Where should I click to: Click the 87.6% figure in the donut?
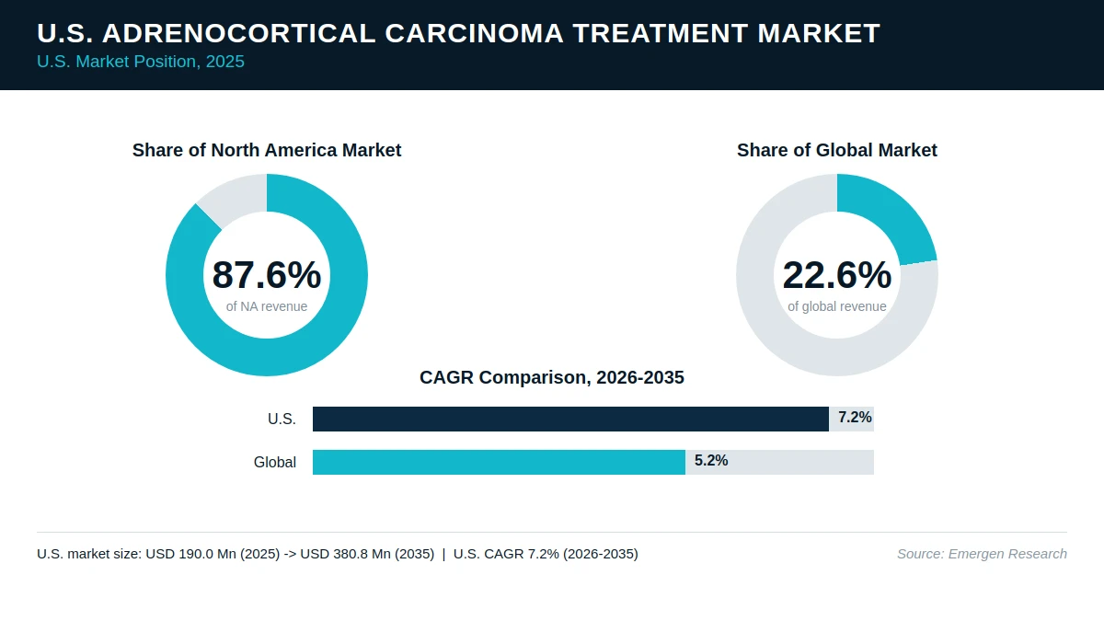pos(267,275)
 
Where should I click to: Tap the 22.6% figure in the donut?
pos(837,275)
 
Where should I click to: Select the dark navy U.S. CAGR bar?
pos(570,419)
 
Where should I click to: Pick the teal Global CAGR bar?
pos(499,462)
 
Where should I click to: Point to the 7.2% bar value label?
pos(855,418)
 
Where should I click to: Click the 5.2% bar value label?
pos(711,460)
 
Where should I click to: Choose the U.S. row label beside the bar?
pos(282,419)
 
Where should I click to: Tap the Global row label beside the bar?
pos(275,462)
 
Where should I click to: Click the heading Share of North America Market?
pos(267,150)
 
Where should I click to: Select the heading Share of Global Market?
pos(837,150)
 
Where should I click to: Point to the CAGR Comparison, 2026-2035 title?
pos(552,377)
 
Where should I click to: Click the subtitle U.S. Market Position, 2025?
pos(141,62)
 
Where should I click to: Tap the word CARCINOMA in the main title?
pos(474,33)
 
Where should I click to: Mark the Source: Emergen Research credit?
pos(982,554)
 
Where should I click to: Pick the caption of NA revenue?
pos(267,306)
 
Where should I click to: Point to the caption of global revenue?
pos(837,306)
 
